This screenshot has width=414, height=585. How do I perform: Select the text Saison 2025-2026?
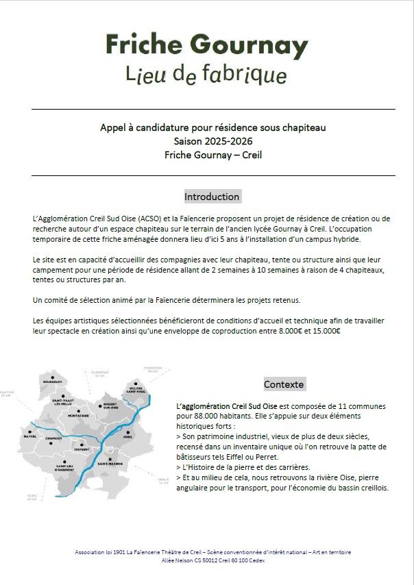212,141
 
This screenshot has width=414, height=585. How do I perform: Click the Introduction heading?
212,197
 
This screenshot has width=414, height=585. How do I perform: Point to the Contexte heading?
284,384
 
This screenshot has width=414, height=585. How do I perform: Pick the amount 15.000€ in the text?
326,331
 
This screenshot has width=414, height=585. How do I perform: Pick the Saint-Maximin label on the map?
110,463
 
